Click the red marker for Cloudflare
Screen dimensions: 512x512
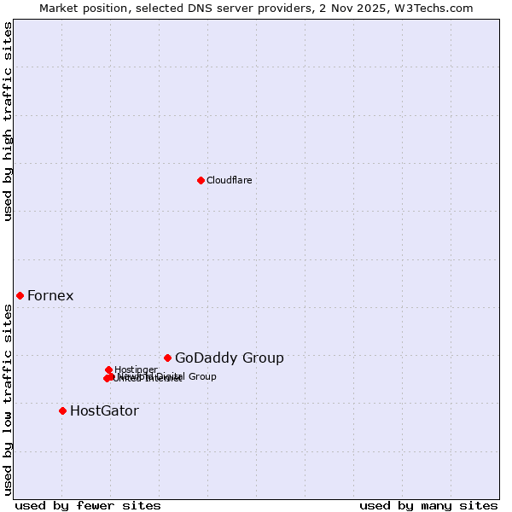coord(201,180)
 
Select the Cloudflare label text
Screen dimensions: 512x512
coord(229,180)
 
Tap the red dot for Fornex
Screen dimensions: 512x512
coord(20,295)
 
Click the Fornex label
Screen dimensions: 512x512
coord(50,296)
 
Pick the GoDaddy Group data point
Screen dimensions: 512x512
coord(167,358)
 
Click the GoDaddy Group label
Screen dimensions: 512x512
coord(229,358)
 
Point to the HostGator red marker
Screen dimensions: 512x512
coord(62,410)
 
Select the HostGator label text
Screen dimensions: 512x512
coord(104,411)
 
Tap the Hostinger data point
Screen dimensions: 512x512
coord(108,369)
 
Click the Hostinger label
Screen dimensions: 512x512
coord(136,369)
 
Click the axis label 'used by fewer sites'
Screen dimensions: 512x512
coord(88,505)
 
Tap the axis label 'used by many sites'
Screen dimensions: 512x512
coord(428,505)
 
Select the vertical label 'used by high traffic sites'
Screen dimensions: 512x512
coord(8,122)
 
